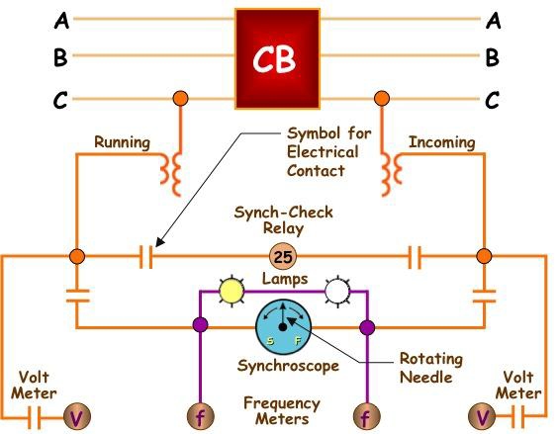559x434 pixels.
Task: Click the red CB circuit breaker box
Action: click(279, 58)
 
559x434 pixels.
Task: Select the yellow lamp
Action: click(230, 290)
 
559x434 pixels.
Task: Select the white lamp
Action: click(338, 290)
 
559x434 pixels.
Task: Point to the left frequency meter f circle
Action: click(200, 417)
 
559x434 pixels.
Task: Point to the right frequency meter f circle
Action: click(366, 417)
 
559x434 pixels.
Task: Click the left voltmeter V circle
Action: click(75, 417)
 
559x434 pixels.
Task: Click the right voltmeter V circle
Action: click(484, 417)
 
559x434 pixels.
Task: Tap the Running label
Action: click(122, 142)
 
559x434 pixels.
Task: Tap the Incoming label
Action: click(441, 142)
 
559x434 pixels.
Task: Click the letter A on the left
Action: click(61, 19)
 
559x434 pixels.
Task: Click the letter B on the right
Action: click(492, 57)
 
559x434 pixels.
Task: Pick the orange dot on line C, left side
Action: click(180, 98)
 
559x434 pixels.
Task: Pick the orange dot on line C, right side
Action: click(379, 98)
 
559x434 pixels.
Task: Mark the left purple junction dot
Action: click(200, 326)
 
